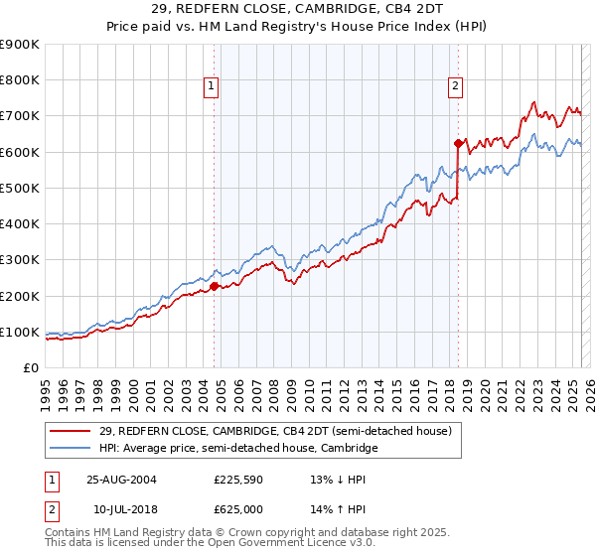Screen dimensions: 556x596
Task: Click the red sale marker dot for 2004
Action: click(x=215, y=287)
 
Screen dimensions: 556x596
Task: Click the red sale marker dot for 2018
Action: click(x=458, y=143)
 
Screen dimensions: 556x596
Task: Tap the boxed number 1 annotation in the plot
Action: click(x=213, y=86)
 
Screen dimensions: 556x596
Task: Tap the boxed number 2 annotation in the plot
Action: click(x=455, y=86)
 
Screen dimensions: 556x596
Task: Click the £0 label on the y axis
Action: click(x=31, y=368)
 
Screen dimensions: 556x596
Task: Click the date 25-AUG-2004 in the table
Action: click(x=121, y=479)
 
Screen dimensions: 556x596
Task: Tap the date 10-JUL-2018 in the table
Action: click(x=120, y=508)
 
